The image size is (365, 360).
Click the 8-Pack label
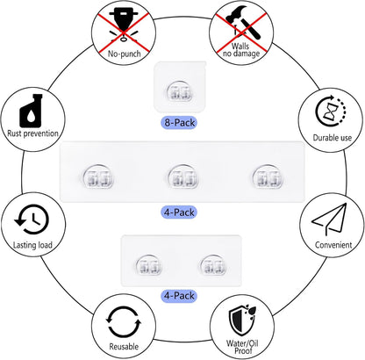(x=179, y=122)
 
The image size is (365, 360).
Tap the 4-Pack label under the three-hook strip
(x=179, y=212)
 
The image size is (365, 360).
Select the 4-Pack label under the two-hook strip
(x=179, y=296)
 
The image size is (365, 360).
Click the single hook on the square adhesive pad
(x=179, y=90)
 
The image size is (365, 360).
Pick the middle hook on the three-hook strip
(x=183, y=176)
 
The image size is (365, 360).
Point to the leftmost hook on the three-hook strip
(x=98, y=176)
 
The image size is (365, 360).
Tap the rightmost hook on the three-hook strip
(x=268, y=176)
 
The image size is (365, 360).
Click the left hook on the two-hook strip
(x=148, y=264)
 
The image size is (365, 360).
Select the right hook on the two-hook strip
(x=213, y=264)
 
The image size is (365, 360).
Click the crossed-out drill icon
(x=124, y=25)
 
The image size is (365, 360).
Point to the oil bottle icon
(x=31, y=111)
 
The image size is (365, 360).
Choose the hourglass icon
(x=331, y=112)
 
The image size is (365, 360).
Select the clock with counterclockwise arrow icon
(x=32, y=220)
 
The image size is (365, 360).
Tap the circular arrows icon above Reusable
(x=124, y=322)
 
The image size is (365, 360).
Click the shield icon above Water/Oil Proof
(x=242, y=320)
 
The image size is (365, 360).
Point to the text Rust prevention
(x=32, y=133)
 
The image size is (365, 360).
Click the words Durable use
(x=333, y=138)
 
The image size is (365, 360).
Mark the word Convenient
(x=333, y=245)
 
